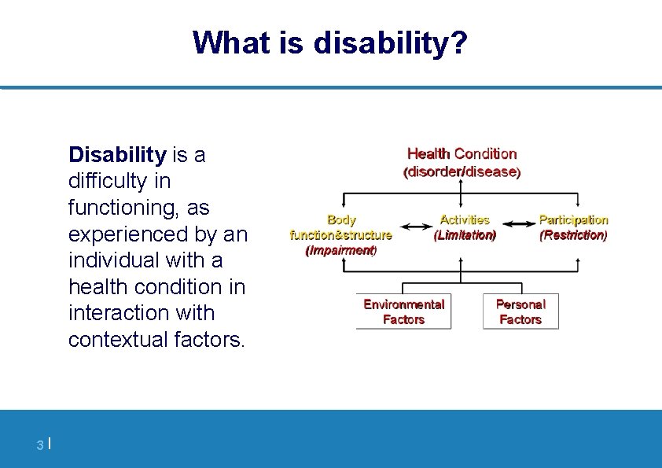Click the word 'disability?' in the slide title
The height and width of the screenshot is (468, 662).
click(390, 43)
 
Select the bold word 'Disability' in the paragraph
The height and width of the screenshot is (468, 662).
click(117, 155)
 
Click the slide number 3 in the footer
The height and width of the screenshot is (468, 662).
click(39, 446)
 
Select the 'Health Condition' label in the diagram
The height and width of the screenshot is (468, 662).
click(462, 154)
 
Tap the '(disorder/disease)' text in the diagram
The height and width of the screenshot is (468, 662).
click(462, 171)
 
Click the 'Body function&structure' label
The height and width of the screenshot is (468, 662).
click(341, 227)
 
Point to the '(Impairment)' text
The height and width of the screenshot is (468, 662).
click(341, 251)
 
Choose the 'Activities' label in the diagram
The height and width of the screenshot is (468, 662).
click(465, 220)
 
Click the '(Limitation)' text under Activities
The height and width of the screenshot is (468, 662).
click(465, 235)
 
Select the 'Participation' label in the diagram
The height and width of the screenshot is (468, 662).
click(573, 220)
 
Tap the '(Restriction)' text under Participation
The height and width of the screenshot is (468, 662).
click(573, 235)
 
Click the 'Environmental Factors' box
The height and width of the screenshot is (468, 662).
click(403, 311)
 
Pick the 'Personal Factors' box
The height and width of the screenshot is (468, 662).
click(520, 311)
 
